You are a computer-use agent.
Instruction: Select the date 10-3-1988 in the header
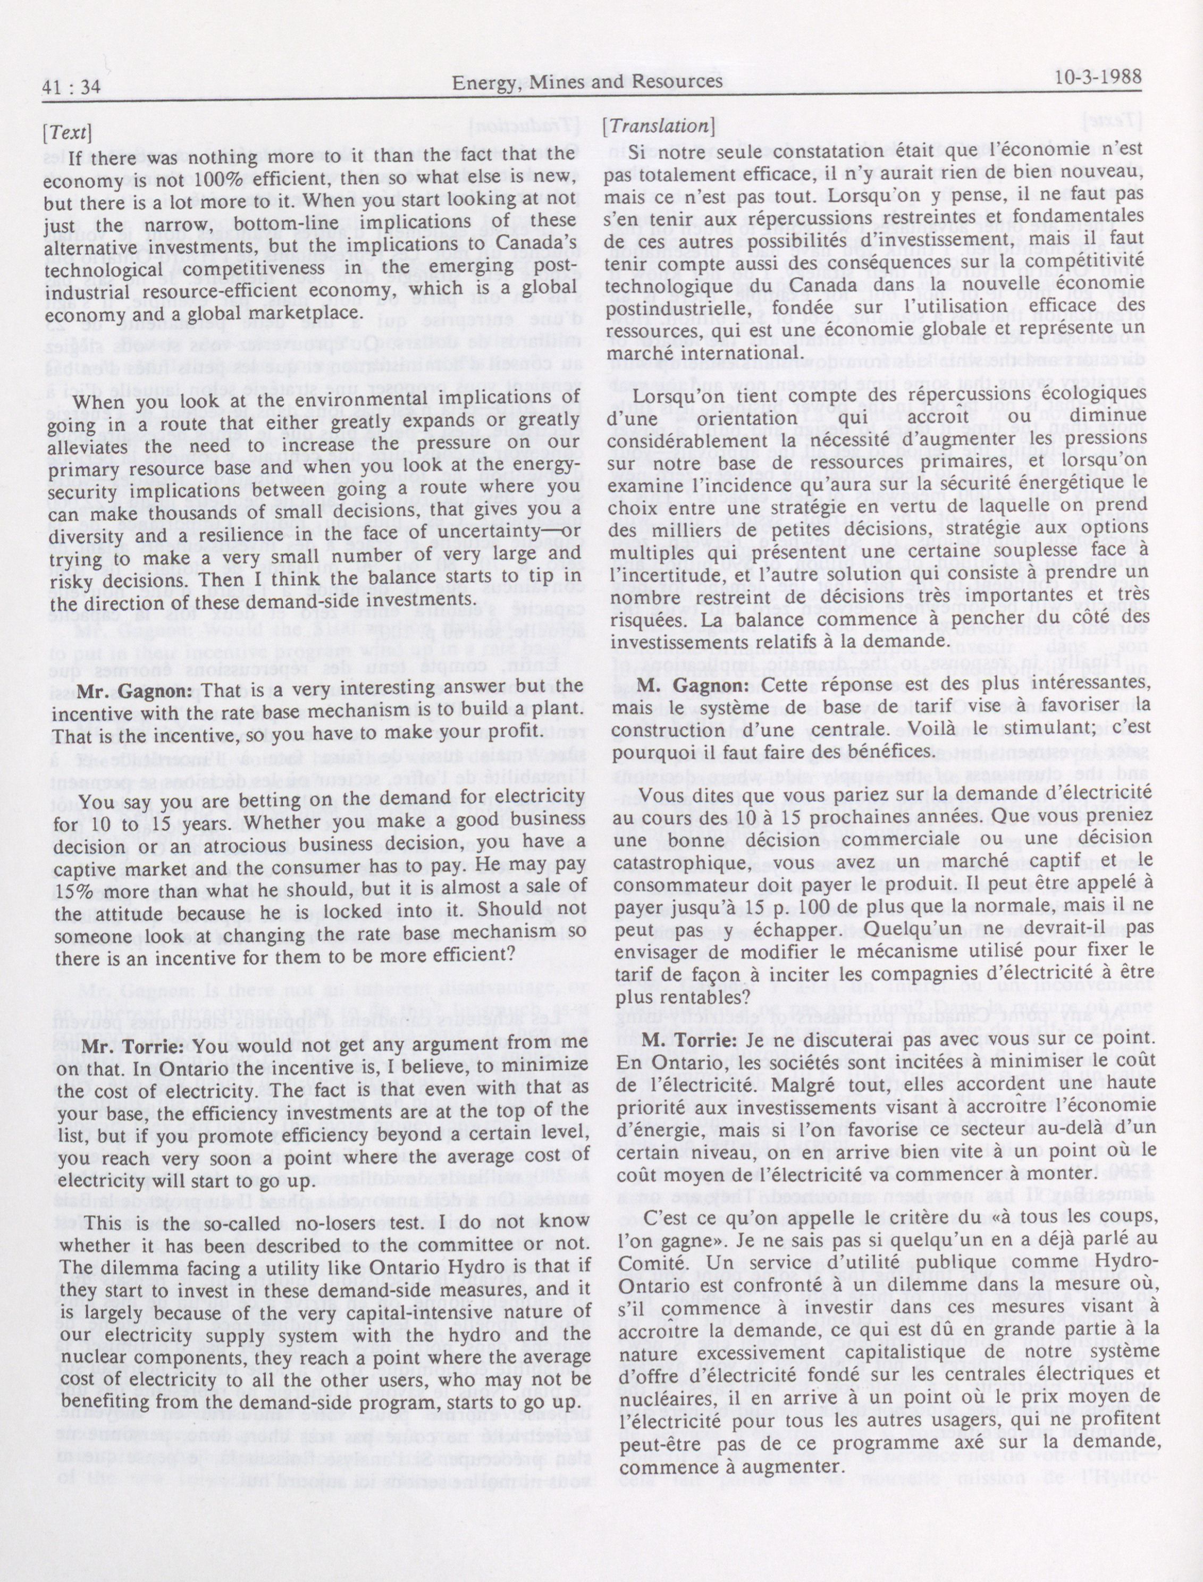1098,78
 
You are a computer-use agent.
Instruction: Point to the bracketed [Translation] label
658,125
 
